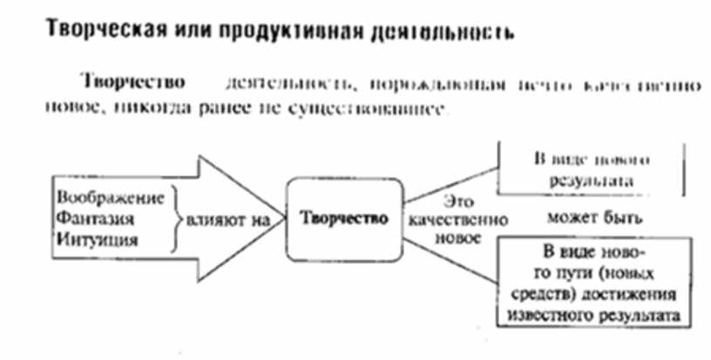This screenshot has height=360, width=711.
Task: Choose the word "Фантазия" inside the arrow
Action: point(87,216)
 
